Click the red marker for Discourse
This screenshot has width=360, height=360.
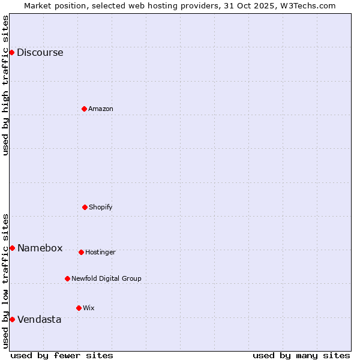tap(11, 52)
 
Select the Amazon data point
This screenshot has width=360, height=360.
tap(84, 109)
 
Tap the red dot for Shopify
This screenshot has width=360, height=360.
tap(85, 207)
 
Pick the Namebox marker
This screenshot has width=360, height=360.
tap(12, 248)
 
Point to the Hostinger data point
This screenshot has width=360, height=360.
tap(81, 252)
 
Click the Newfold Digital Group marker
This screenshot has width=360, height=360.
tap(67, 278)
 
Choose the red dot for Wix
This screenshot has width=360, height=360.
tap(79, 308)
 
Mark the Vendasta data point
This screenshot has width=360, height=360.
tap(12, 319)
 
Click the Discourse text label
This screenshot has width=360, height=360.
tap(40, 52)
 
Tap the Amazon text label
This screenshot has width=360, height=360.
tap(101, 109)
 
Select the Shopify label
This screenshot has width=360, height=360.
tap(101, 207)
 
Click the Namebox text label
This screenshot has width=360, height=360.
tap(40, 248)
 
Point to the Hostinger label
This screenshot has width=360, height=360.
tap(100, 252)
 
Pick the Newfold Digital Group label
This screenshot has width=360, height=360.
tap(106, 278)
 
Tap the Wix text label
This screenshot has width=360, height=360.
tap(89, 308)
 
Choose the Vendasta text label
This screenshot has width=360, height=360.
tap(39, 319)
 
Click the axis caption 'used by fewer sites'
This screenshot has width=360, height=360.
tap(62, 355)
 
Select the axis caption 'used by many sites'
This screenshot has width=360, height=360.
tap(301, 355)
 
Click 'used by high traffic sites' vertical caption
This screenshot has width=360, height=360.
tap(5, 85)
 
